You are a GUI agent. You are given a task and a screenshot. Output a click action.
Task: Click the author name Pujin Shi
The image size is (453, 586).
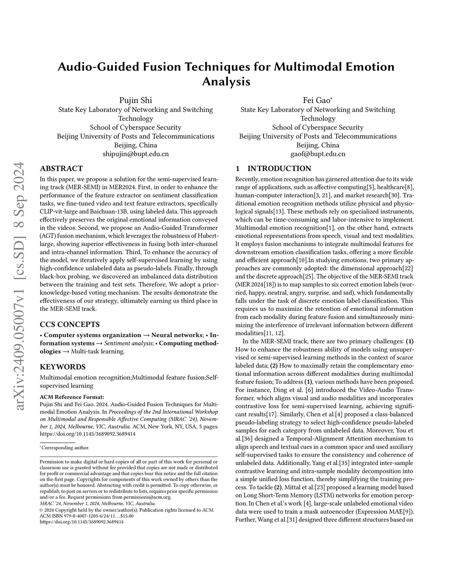[x=135, y=100]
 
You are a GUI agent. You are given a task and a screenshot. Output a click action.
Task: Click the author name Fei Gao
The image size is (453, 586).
[x=316, y=100]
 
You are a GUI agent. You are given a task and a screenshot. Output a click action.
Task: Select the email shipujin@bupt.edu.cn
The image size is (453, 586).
[x=135, y=154]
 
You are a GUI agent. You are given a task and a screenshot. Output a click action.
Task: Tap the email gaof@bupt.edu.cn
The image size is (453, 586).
[x=318, y=154]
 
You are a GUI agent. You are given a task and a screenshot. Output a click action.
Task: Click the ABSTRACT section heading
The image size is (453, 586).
[x=61, y=169]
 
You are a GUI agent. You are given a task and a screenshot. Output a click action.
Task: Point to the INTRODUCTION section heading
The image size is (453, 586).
[x=279, y=169]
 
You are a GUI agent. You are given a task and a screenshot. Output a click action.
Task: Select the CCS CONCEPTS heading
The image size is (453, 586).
[x=69, y=324]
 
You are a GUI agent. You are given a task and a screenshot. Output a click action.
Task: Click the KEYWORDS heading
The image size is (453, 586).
[x=62, y=367]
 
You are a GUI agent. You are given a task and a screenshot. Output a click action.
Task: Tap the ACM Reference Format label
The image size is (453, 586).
[x=72, y=397]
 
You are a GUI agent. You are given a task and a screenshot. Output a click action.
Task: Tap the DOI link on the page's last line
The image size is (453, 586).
[x=81, y=522]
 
